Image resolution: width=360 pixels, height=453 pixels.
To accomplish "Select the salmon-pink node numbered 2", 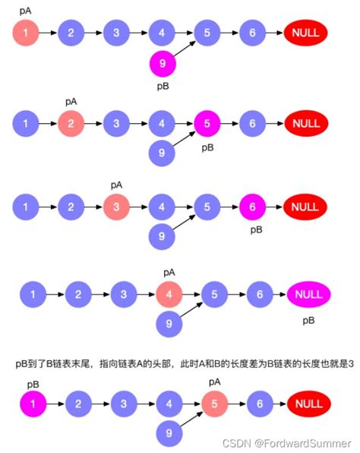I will click(x=71, y=122).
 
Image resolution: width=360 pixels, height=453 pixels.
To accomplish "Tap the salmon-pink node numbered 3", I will click(x=116, y=206).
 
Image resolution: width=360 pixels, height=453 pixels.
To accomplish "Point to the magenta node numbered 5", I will click(x=207, y=122).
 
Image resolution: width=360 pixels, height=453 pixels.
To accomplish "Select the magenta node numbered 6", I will click(x=252, y=206).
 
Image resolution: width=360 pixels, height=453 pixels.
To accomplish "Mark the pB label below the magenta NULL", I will click(x=308, y=321).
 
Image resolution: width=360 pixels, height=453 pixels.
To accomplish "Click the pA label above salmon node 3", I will click(x=116, y=184).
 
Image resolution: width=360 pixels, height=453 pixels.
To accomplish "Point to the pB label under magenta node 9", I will click(x=161, y=88).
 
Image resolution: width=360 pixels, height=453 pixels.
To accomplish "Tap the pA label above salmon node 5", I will click(x=215, y=381).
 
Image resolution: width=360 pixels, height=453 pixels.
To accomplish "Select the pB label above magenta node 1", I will click(x=33, y=385).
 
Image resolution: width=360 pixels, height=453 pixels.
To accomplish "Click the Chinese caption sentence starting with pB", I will click(x=181, y=363).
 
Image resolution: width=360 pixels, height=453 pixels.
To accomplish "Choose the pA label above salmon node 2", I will click(x=71, y=100).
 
